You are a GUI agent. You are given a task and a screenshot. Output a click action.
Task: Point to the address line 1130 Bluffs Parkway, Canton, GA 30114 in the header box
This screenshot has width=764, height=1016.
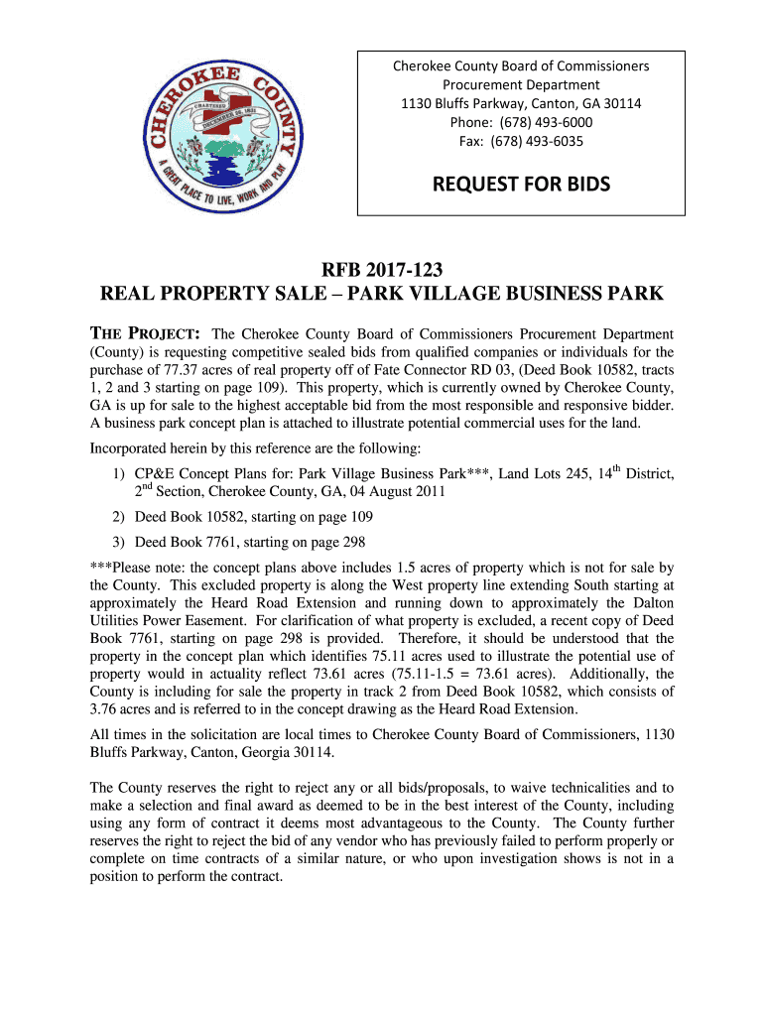(x=521, y=103)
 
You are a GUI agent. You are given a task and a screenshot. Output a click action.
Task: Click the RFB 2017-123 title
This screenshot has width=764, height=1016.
(x=382, y=270)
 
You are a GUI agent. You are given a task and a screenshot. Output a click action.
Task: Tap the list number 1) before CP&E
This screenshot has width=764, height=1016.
(x=118, y=474)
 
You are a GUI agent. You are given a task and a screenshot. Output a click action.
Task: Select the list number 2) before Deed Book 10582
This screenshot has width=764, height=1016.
(x=118, y=517)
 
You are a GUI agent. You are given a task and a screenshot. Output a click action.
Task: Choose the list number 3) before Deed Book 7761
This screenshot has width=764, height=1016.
(x=118, y=542)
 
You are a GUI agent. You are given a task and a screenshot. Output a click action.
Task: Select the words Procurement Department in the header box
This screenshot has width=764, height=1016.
(x=521, y=84)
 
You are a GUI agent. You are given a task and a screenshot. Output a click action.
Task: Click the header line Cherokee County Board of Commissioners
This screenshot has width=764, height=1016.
(x=521, y=65)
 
